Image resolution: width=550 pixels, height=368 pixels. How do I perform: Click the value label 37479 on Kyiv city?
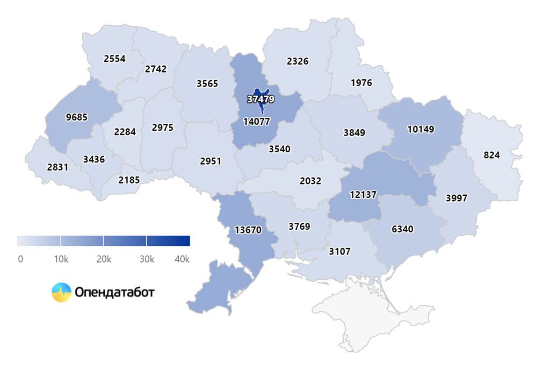[261, 99]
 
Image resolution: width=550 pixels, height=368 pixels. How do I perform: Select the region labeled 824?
[491, 155]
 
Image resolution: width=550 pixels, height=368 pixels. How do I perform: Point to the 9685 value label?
[76, 117]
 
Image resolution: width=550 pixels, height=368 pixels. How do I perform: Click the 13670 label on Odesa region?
[248, 230]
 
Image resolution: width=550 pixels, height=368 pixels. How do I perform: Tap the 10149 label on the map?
[421, 129]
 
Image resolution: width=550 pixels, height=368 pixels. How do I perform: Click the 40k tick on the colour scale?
[183, 259]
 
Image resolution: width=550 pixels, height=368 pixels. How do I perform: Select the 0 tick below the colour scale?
[20, 259]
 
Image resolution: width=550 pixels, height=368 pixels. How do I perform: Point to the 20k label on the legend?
[104, 259]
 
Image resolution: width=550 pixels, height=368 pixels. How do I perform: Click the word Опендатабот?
[114, 292]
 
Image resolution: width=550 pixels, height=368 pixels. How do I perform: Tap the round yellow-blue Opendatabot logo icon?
[61, 292]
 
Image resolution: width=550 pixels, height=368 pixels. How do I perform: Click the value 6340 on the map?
[402, 229]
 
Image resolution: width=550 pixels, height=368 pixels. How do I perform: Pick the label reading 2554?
[114, 59]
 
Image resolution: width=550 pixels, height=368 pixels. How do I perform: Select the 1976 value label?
[361, 83]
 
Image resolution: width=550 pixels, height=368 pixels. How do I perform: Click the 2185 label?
[129, 180]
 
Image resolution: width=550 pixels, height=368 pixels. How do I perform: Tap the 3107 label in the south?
[339, 251]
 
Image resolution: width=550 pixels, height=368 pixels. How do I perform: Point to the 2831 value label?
[57, 167]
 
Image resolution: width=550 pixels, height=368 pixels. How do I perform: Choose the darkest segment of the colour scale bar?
[168, 240]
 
